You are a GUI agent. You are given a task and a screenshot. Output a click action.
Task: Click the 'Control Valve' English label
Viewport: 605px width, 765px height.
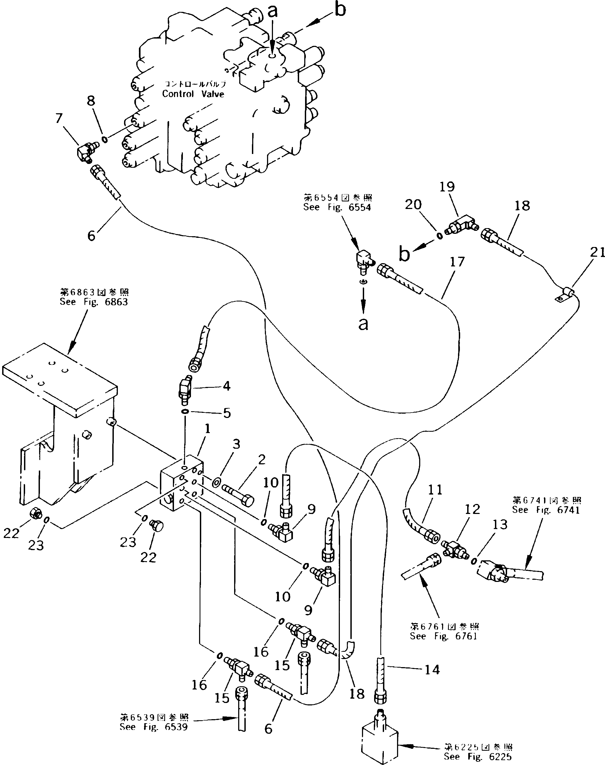[193, 94]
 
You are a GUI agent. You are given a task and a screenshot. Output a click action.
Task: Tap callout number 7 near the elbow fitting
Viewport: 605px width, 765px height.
[59, 119]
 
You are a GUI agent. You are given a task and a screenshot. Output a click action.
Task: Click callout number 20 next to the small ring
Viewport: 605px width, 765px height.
[413, 205]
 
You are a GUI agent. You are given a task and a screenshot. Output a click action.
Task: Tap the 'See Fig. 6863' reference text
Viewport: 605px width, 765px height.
[94, 302]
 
